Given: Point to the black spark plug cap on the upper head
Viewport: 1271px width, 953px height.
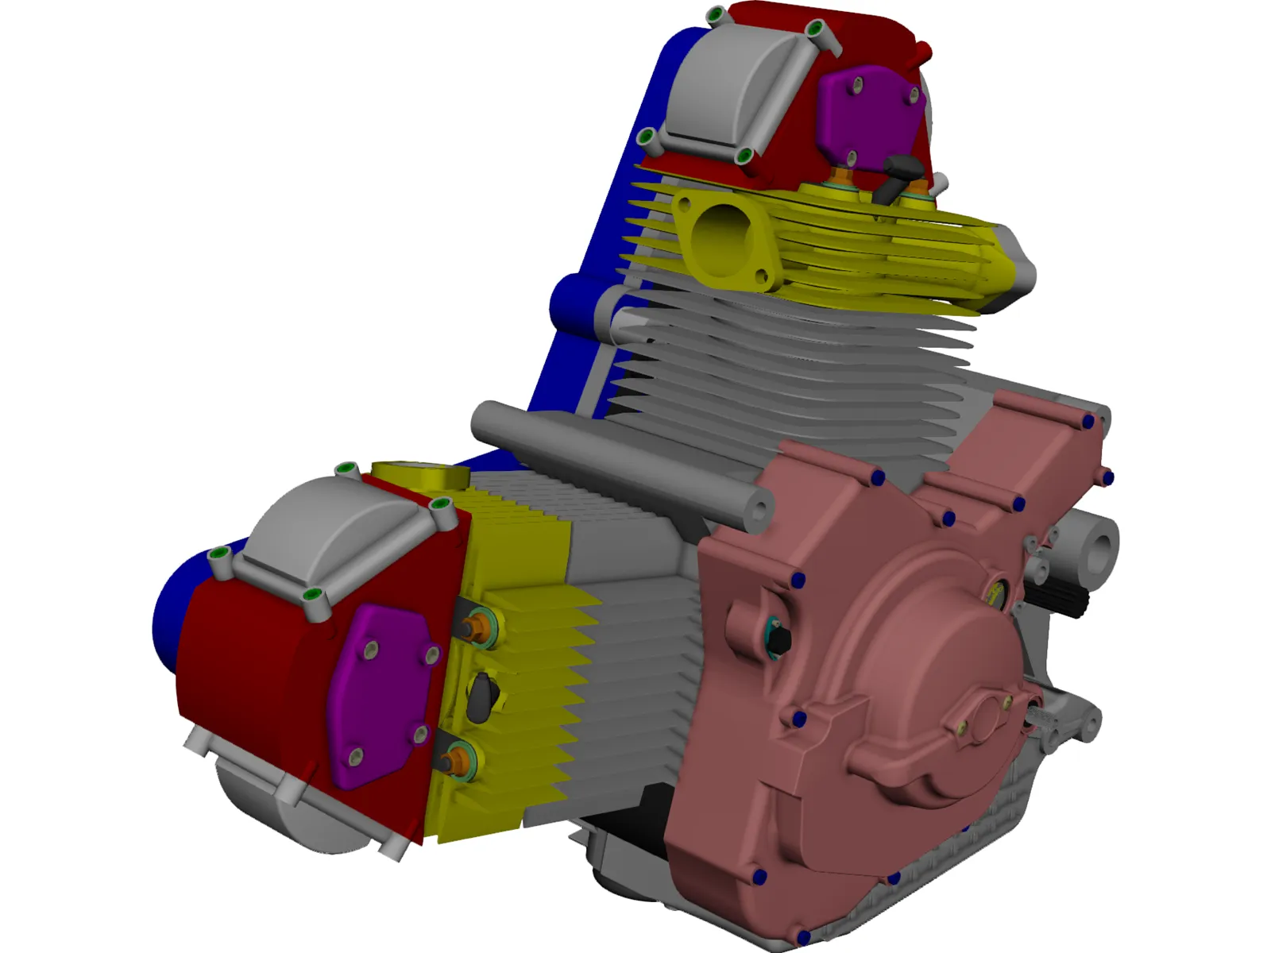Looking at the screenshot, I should [902, 171].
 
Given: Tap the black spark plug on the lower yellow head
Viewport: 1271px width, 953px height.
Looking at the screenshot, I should [483, 696].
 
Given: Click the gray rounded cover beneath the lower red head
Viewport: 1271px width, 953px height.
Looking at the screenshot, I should [262, 802].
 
